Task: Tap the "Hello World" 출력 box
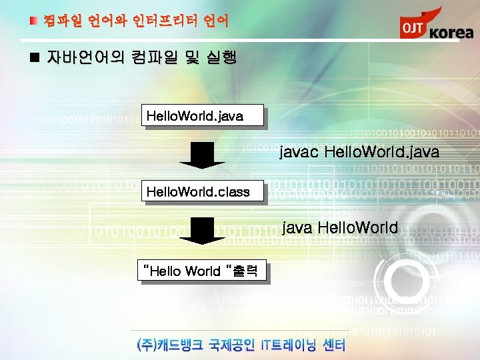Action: tap(201, 271)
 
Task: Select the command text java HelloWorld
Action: tap(340, 228)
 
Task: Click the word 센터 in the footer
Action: tap(334, 345)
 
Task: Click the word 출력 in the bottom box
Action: tap(246, 271)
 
